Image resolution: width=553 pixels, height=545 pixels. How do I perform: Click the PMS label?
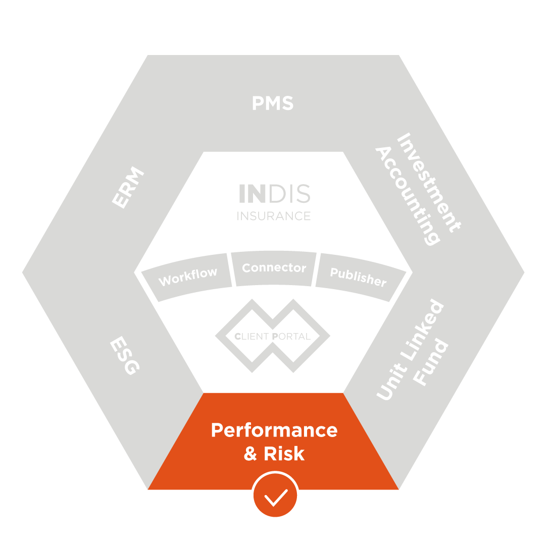273,103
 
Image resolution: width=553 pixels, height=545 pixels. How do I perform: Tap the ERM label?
128,187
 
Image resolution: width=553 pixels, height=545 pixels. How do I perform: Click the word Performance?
274,430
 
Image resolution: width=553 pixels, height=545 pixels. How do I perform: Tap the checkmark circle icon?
275,495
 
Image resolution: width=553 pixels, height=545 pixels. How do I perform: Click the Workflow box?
188,277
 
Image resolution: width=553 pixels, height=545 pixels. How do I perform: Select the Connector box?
274,268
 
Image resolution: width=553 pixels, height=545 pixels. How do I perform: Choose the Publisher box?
358,277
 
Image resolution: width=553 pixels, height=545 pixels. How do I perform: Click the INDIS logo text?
274,194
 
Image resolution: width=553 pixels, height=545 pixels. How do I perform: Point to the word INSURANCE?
274,216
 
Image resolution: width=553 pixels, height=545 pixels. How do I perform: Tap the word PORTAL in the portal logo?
291,337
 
